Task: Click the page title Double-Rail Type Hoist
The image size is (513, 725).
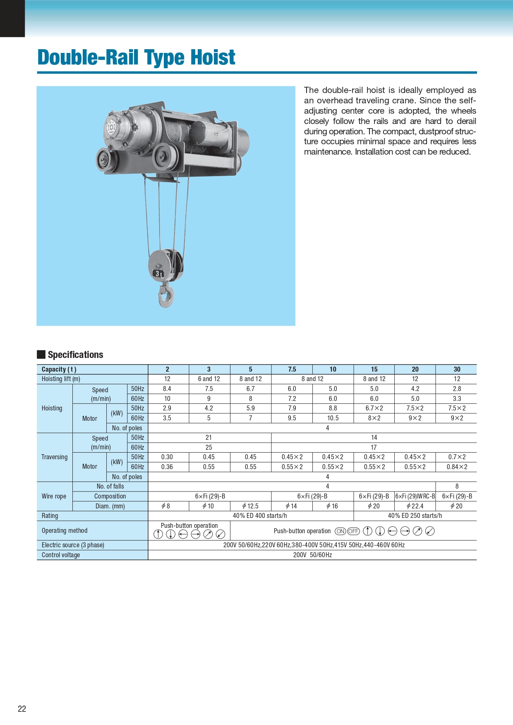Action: (136, 57)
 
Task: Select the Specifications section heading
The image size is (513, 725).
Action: (75, 355)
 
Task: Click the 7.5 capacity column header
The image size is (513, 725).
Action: (292, 369)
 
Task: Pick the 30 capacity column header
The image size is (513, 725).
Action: (457, 369)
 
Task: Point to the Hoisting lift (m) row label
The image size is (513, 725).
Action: (61, 379)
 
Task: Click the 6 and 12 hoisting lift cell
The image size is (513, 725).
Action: (209, 379)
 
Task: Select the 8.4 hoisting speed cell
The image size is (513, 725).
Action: (167, 389)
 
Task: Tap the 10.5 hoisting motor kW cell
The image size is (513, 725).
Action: (333, 418)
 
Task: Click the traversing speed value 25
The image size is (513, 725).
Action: (209, 447)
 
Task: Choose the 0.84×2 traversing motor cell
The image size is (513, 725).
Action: (457, 467)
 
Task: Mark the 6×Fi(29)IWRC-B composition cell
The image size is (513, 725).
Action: (415, 496)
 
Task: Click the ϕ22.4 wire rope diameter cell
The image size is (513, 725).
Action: (415, 506)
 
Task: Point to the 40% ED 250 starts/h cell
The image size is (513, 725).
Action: (415, 516)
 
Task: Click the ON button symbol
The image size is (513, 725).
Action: (340, 531)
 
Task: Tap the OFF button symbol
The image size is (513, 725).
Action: (353, 531)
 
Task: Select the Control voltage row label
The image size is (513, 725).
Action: (61, 555)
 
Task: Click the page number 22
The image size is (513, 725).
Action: (22, 709)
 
